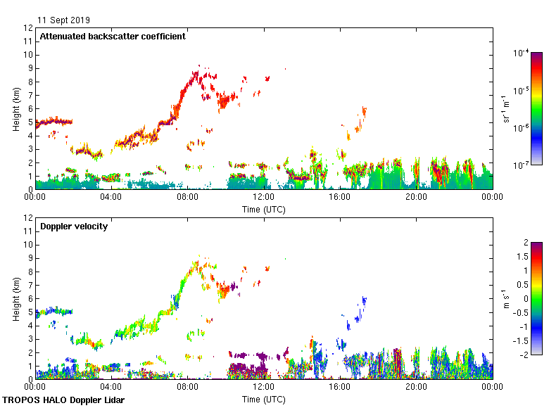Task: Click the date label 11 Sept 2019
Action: (63, 20)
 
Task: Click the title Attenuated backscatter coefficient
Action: (113, 37)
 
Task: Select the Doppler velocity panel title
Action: (74, 227)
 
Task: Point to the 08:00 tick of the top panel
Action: (187, 197)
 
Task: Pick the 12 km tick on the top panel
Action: (28, 28)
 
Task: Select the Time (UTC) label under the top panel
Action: (264, 209)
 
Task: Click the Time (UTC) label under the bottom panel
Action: (264, 399)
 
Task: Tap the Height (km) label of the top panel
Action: (15, 108)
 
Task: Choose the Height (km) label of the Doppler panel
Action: (15, 298)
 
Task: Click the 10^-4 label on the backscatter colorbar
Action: (522, 53)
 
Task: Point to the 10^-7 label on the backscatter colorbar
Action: (522, 165)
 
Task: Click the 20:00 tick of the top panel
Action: (416, 197)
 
